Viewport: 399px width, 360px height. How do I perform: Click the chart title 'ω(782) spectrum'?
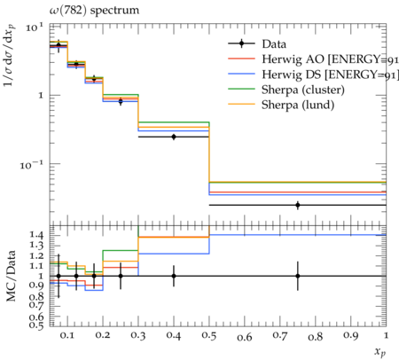coord(94,11)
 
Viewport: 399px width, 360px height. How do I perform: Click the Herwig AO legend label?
coord(330,59)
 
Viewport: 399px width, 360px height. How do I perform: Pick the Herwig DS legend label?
coord(330,74)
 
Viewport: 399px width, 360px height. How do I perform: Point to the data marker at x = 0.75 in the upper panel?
coord(298,205)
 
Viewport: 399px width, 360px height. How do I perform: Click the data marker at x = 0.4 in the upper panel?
coord(174,137)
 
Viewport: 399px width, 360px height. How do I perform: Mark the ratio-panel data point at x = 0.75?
coord(298,276)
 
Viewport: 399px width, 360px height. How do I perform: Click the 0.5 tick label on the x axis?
coord(209,336)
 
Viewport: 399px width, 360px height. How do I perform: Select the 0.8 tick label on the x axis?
coord(315,336)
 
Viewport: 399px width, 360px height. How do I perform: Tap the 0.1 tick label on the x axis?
coord(67,336)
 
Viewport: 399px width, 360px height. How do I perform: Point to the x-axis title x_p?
coord(380,352)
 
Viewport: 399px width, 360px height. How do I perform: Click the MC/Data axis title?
coord(11,276)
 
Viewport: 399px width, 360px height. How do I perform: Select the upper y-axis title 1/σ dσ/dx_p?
coord(10,56)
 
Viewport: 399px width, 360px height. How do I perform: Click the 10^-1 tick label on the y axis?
coord(32,164)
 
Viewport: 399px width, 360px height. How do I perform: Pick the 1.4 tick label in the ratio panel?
coord(36,235)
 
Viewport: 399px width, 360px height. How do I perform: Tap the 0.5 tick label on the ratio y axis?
coord(36,325)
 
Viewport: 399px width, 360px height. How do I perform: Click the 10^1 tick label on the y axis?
coord(35,27)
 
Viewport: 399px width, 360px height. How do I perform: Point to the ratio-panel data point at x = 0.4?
coord(174,276)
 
